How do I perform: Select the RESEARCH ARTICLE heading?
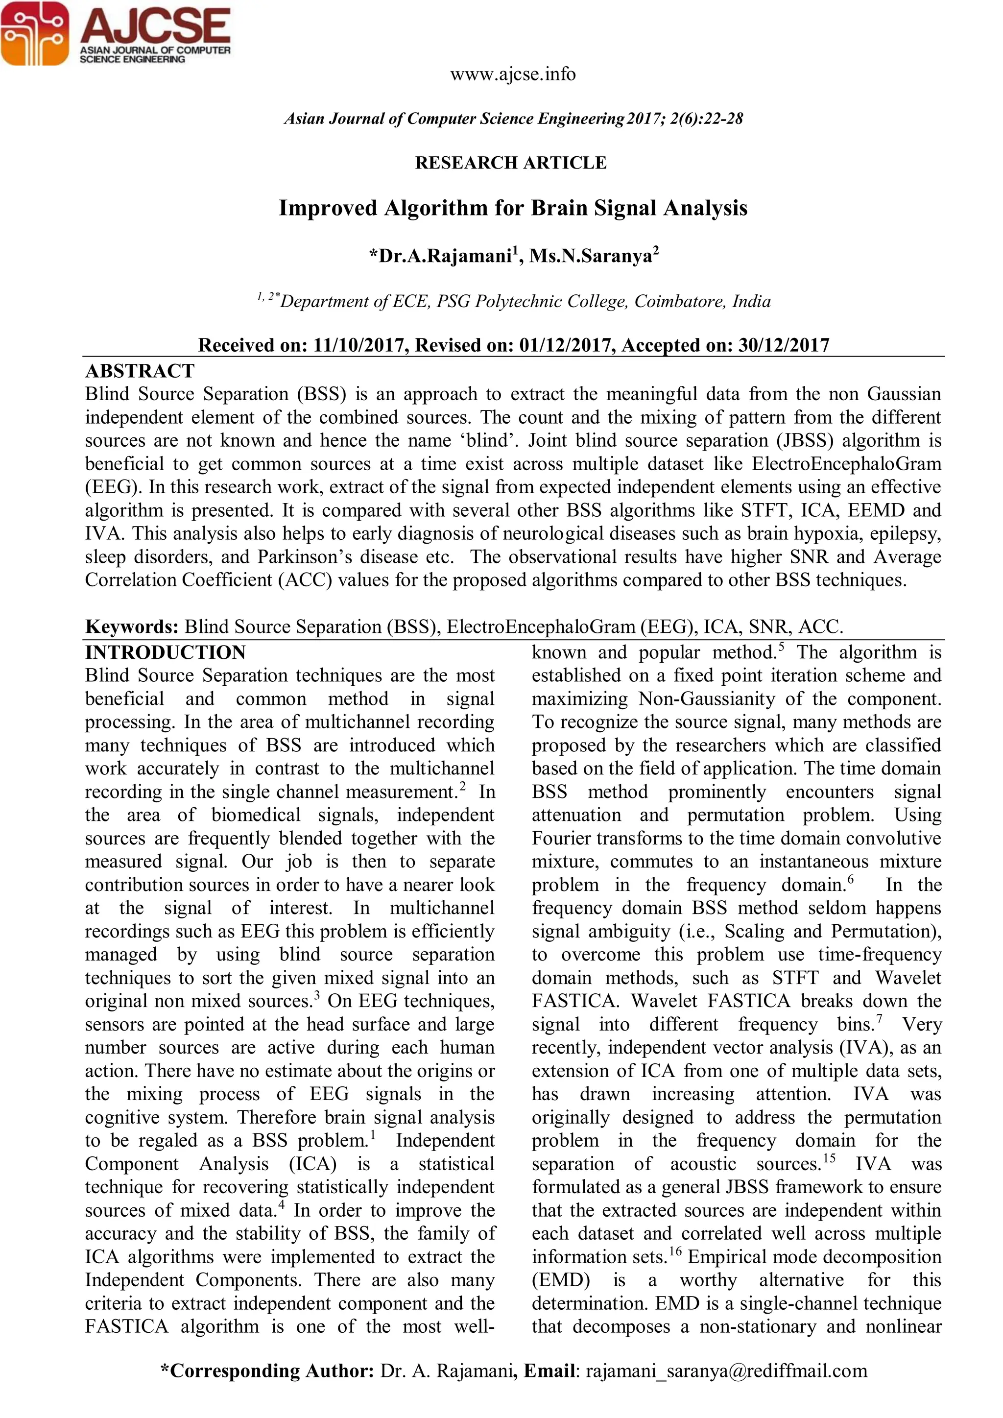pyautogui.click(x=511, y=163)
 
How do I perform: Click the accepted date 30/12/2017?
pyautogui.click(x=783, y=345)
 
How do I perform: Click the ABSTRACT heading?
pyautogui.click(x=140, y=371)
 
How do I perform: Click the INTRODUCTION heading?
pyautogui.click(x=166, y=653)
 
